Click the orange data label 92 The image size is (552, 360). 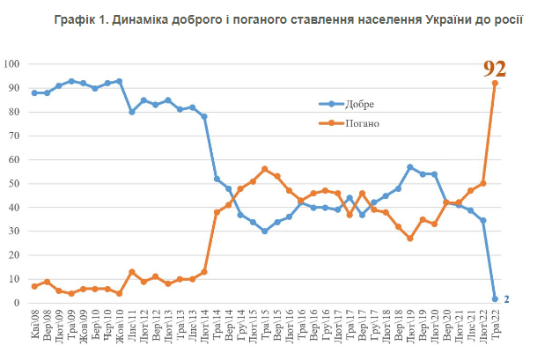[495, 68]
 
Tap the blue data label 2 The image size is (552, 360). [506, 299]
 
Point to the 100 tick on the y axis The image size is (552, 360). [14, 64]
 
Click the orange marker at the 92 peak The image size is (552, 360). [495, 84]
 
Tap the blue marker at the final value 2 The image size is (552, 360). [495, 298]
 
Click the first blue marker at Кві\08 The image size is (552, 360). [34, 92]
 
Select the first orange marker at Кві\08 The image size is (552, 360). [34, 286]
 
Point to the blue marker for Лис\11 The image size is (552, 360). [132, 112]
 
